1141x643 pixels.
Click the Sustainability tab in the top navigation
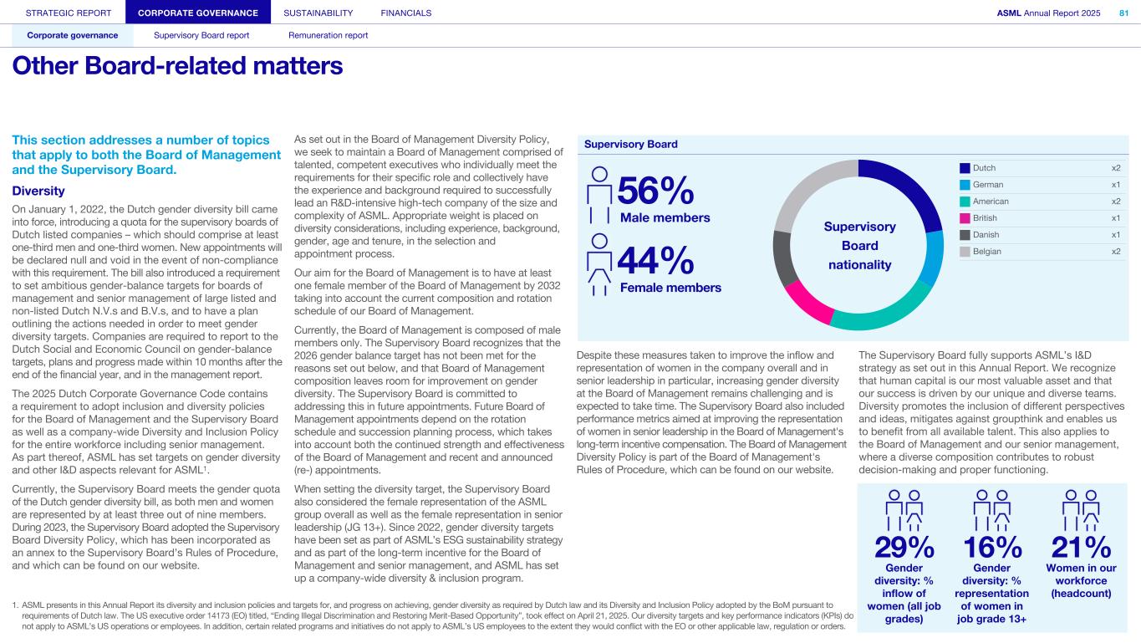(318, 13)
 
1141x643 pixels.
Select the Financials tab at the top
(405, 13)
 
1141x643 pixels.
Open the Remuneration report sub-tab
(328, 35)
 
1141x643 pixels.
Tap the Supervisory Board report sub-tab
(201, 35)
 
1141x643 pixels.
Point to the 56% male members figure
(655, 192)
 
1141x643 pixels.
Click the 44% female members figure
(655, 263)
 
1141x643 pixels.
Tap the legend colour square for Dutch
(965, 168)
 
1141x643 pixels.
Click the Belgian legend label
(986, 252)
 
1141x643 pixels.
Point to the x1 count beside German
(1115, 185)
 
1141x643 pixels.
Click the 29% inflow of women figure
(904, 548)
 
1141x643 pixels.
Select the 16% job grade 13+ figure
(992, 548)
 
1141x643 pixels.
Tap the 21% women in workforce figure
(1081, 548)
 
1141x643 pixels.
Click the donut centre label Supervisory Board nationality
(859, 246)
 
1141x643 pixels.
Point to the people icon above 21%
(1081, 510)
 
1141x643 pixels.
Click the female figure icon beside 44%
(599, 264)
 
